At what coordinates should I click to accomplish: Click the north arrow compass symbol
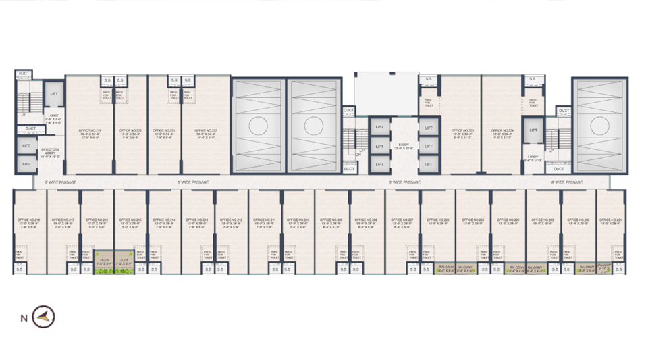(x=44, y=316)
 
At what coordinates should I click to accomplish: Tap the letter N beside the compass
(x=24, y=317)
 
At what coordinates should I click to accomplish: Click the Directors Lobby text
(x=51, y=151)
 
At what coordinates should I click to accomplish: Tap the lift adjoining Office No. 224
(x=533, y=130)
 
